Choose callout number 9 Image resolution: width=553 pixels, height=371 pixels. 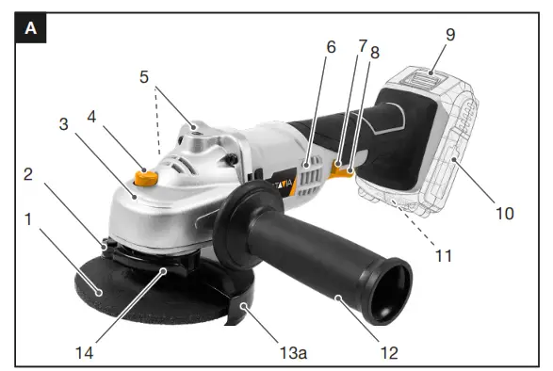[449, 35]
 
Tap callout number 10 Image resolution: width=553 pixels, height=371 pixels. [505, 213]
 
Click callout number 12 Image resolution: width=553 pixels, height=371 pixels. [389, 353]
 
